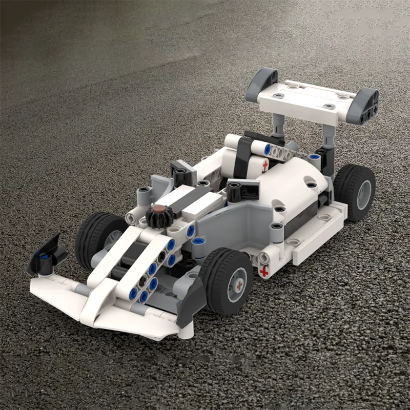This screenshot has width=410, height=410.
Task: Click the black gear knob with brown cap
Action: point(159,215)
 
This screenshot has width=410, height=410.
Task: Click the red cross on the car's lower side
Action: point(264,271)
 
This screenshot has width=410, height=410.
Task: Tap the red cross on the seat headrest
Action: point(265,166)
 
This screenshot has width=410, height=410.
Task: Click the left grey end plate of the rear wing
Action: point(261,85)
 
